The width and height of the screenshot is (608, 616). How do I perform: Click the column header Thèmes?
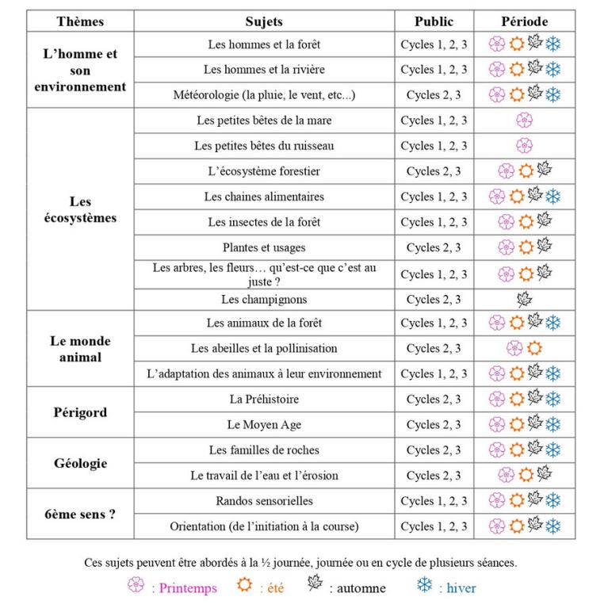pos(80,21)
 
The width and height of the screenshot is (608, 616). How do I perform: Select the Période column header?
pos(524,21)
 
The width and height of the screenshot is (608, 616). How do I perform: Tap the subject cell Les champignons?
pos(264,300)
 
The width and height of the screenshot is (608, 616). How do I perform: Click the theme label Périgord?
pos(80,412)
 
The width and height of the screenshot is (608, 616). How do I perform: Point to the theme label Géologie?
pos(80,463)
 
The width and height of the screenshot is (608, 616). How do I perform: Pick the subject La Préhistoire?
pos(264,399)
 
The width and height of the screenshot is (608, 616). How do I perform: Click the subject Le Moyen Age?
pos(264,425)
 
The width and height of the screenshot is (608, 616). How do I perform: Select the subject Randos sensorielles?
pos(264,501)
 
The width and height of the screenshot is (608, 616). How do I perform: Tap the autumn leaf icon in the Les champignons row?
pos(524,300)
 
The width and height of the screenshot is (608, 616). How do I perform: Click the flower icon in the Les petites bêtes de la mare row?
pos(524,121)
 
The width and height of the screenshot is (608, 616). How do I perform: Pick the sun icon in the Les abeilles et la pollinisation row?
pos(534,348)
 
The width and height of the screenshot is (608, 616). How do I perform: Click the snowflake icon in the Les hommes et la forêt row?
pos(553,44)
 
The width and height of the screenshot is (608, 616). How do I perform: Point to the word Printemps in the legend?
pos(188,588)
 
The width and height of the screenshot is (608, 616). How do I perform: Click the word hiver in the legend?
pos(461,588)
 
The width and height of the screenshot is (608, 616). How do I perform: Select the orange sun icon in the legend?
pos(244,584)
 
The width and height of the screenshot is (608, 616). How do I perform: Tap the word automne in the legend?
pos(361,588)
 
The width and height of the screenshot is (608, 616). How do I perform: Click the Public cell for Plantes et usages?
pos(434,247)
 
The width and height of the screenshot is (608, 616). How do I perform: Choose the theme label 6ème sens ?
pos(80,514)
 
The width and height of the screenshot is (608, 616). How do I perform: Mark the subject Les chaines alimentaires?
pos(264,197)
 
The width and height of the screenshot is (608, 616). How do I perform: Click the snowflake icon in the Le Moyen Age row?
pos(553,424)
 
